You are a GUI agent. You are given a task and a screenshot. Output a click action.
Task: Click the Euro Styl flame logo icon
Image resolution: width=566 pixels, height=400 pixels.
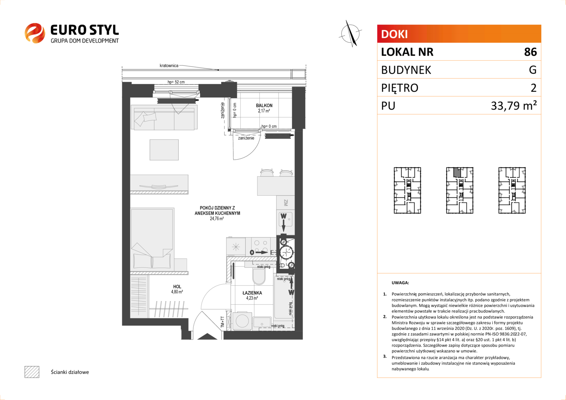(35, 33)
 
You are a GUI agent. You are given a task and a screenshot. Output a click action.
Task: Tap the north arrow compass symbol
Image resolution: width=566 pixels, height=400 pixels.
(350, 34)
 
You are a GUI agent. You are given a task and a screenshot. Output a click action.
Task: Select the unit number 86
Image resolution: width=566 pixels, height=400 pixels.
(530, 52)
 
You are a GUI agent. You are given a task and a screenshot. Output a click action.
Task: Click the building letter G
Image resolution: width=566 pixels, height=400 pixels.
(533, 70)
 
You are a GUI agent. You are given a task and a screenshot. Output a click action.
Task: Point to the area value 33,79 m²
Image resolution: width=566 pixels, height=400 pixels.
(514, 106)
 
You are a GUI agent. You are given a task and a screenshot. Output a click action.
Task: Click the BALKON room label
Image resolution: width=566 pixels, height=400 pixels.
(264, 105)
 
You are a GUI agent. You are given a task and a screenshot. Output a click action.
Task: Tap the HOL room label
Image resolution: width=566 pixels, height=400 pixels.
(177, 287)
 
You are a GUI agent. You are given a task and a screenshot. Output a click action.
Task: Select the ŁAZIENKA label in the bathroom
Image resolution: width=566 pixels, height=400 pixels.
(252, 293)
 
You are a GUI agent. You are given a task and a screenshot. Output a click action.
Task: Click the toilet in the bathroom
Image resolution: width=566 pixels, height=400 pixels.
(259, 276)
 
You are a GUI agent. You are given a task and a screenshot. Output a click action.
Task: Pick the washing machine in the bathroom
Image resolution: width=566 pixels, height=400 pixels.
(242, 321)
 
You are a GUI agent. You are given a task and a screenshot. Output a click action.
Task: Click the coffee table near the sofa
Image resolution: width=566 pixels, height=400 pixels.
(164, 150)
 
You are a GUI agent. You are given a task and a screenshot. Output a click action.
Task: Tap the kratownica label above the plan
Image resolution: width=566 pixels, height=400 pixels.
(169, 66)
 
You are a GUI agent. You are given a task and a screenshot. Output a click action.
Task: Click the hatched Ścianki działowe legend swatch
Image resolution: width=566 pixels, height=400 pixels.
(32, 372)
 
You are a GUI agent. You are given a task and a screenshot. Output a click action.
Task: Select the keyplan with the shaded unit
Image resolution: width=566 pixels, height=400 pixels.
(460, 190)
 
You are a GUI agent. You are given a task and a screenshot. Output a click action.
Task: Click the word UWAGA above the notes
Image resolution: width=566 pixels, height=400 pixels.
(400, 283)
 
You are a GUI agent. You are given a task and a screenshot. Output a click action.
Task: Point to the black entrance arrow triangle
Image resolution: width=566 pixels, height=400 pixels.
(207, 336)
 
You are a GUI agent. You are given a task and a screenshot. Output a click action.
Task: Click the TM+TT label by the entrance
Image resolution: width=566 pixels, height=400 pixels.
(222, 322)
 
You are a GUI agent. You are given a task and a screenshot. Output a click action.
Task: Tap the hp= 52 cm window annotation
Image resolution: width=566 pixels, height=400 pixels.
(176, 82)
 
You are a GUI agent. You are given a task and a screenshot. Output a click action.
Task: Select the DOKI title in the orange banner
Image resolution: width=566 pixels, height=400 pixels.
(394, 34)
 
